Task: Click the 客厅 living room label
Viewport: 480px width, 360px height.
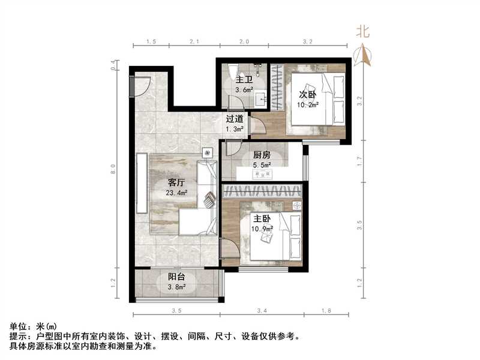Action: click(176, 183)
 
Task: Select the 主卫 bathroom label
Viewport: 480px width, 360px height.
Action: click(243, 80)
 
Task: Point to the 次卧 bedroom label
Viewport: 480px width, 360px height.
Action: click(308, 94)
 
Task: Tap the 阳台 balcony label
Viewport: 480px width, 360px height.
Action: click(176, 277)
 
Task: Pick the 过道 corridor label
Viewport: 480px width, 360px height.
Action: click(235, 119)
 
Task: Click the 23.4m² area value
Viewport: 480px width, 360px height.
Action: click(176, 193)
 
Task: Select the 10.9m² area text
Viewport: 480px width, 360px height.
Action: click(262, 229)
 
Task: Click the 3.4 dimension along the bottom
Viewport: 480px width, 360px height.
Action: click(262, 311)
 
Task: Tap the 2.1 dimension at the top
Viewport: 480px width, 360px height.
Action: click(194, 42)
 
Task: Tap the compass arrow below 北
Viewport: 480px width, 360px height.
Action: click(363, 56)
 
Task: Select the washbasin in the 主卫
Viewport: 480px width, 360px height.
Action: click(261, 98)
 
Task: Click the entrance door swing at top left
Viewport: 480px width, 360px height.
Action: click(140, 87)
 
